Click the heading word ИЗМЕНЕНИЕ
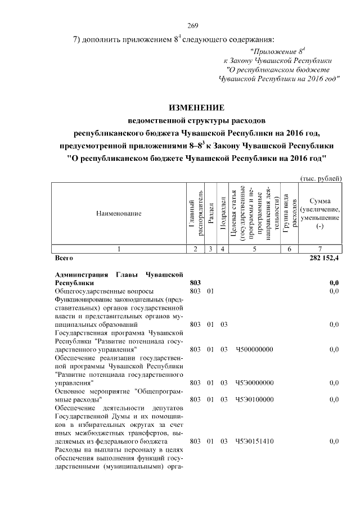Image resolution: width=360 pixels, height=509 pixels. tap(196, 107)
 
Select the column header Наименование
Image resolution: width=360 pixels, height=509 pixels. tap(118, 214)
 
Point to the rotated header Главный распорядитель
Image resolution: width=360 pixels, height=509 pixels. tap(195, 214)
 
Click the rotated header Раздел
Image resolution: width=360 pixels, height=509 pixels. tap(210, 214)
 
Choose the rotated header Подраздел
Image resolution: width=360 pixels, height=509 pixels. tap(223, 214)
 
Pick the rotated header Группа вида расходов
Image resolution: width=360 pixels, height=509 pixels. tap(289, 214)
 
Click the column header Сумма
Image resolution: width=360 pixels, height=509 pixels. tap(319, 201)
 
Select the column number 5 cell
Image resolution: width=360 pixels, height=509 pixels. tap(254, 249)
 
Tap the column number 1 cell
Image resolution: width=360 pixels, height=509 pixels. tap(118, 249)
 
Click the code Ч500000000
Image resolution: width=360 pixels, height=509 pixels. tap(254, 349)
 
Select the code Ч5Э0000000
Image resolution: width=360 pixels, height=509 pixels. tap(254, 383)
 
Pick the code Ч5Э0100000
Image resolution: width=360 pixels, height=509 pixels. tap(254, 399)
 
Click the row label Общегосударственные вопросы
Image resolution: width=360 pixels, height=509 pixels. tap(103, 291)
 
